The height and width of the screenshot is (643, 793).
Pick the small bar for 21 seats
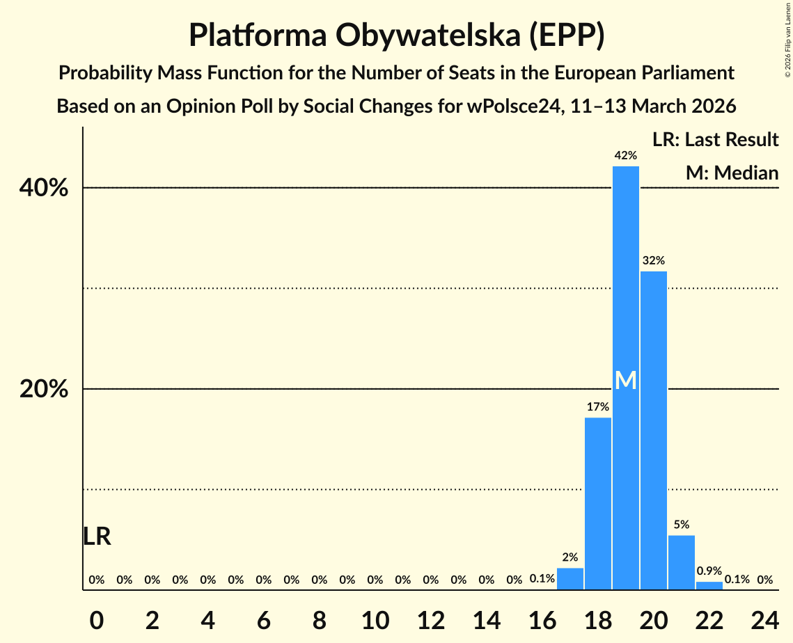(682, 562)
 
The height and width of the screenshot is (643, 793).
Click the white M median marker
(626, 381)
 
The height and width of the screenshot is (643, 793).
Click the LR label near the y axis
(97, 537)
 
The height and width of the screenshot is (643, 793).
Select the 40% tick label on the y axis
(44, 188)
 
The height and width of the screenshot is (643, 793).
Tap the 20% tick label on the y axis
(44, 390)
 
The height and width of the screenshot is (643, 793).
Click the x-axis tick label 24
(764, 619)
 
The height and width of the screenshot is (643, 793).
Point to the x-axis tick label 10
(375, 619)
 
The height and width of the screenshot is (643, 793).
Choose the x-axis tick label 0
(97, 619)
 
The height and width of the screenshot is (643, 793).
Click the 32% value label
(654, 261)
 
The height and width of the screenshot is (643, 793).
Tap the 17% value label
(598, 407)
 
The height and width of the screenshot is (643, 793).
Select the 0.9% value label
(709, 571)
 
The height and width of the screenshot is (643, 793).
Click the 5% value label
(682, 525)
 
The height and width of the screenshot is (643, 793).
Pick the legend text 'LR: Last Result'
(716, 140)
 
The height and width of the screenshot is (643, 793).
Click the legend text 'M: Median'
(732, 173)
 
